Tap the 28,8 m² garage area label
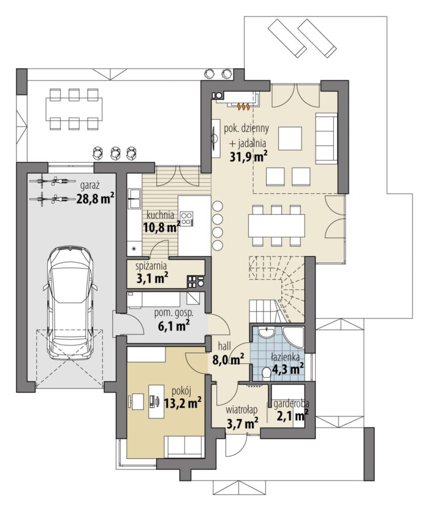96,198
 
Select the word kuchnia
160,215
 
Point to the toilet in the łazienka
267,374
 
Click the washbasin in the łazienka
267,332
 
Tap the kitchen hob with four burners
186,218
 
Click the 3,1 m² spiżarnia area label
152,279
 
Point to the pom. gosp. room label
173,313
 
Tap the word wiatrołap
242,410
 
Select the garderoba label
291,404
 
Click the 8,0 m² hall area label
229,359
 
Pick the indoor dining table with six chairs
276,225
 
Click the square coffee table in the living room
290,138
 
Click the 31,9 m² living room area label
249,157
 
